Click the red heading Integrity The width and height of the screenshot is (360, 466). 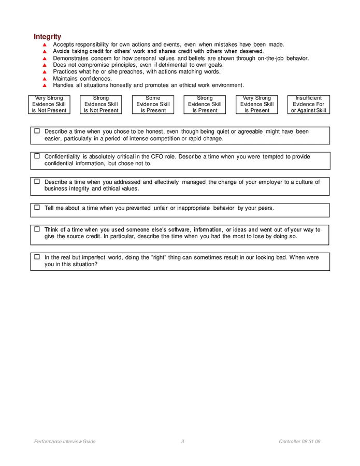pos(47,37)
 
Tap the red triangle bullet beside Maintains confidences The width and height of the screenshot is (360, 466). pos(45,79)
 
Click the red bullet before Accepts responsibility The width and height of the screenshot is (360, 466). pos(45,45)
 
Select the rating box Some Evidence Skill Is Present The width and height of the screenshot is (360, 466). pos(153,104)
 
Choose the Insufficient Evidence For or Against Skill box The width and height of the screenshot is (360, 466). pos(308,104)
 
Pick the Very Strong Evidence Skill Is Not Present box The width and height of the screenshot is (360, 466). pos(49,104)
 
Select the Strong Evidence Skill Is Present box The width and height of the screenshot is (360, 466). pos(205,104)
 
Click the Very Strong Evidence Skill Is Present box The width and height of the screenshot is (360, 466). pos(256,104)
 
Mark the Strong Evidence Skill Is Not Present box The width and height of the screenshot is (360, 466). pos(101,104)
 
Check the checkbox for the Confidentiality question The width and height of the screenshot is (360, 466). pos(37,156)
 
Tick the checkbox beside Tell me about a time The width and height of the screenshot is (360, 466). pos(37,207)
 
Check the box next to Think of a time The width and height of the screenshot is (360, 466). pos(37,229)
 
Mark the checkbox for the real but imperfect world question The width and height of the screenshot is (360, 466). pos(37,256)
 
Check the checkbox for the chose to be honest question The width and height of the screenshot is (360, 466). pos(37,131)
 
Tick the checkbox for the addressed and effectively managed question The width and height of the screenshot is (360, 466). pos(37,181)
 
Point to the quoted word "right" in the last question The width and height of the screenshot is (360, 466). pos(159,257)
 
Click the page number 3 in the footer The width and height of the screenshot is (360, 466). pos(182,442)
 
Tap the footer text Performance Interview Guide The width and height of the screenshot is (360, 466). pos(65,442)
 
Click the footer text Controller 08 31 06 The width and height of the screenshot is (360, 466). pos(299,442)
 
